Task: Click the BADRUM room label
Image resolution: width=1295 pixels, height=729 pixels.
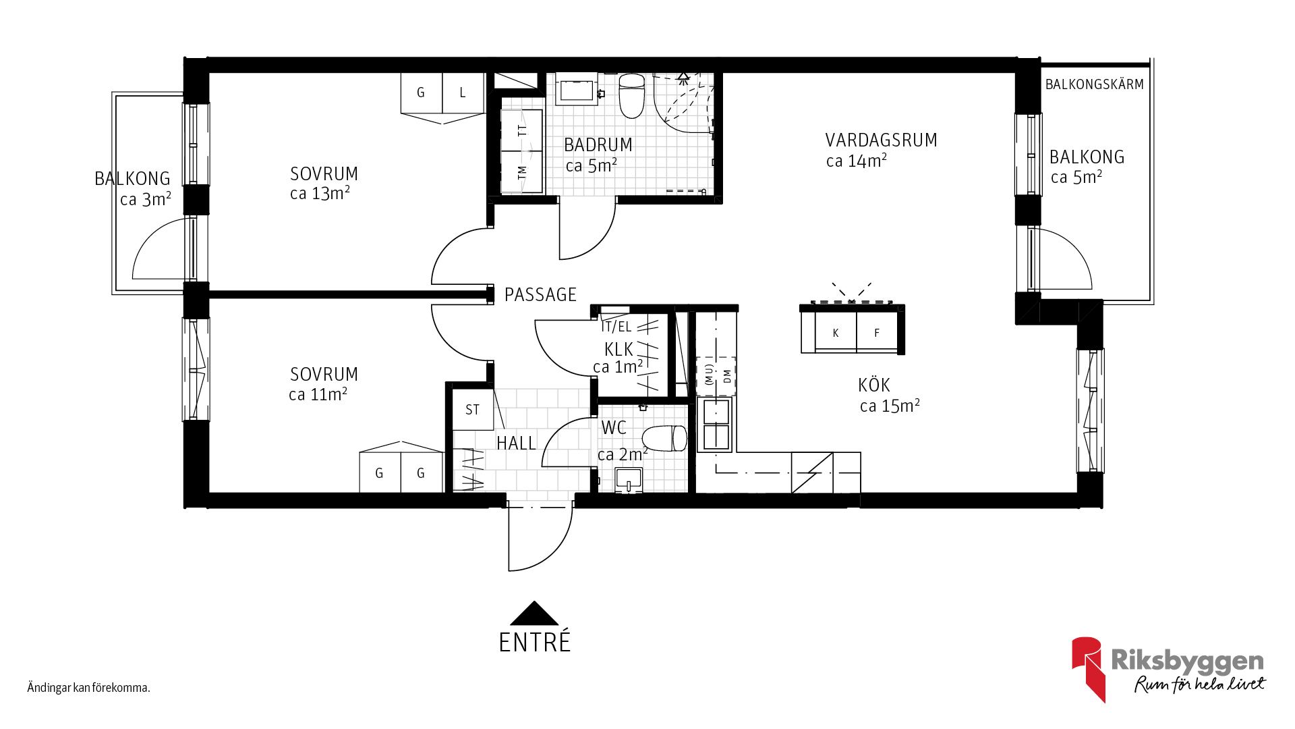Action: (598, 145)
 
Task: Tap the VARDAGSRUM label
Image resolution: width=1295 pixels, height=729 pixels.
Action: (882, 140)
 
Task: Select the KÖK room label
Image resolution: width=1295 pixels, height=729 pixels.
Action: (874, 385)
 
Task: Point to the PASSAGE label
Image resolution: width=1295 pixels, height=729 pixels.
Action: (540, 295)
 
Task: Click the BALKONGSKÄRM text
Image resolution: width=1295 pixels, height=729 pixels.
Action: (1095, 84)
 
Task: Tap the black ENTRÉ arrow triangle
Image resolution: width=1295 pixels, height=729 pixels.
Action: (534, 613)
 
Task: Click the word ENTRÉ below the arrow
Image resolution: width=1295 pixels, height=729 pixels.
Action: (535, 642)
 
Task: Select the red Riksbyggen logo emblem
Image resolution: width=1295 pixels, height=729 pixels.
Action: (1087, 668)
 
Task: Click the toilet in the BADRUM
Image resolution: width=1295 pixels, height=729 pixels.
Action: (632, 96)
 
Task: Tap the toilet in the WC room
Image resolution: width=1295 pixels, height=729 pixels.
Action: (664, 439)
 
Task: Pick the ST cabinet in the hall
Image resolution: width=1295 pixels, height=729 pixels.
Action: (473, 410)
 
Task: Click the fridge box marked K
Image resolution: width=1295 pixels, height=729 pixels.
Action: (836, 332)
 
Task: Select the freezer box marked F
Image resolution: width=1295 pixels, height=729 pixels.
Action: (877, 332)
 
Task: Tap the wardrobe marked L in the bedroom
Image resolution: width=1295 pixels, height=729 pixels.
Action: (463, 92)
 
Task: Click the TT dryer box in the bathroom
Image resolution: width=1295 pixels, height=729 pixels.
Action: (522, 130)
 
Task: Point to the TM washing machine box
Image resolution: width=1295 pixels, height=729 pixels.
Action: (522, 172)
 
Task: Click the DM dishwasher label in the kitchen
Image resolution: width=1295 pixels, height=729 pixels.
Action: (727, 376)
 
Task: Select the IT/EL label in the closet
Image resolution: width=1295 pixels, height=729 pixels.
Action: (616, 327)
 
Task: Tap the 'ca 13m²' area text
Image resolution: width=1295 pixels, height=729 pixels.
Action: (320, 194)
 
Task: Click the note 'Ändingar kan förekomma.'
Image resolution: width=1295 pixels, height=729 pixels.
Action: (88, 688)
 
